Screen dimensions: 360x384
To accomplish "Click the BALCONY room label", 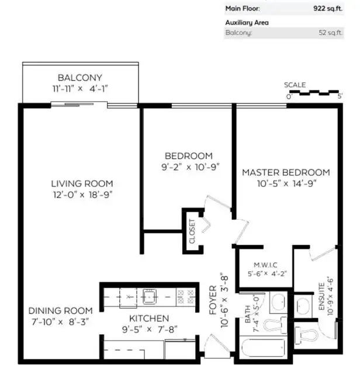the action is pyautogui.click(x=80, y=78).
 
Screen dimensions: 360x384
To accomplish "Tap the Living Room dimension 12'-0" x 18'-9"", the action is pyautogui.click(x=83, y=195).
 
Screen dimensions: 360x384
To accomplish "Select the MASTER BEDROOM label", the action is pyautogui.click(x=286, y=172).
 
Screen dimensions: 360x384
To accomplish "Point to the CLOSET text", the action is pyautogui.click(x=192, y=231).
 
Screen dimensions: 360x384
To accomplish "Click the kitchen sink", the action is pyautogui.click(x=150, y=296).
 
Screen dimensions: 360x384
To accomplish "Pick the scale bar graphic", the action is pyautogui.click(x=314, y=92).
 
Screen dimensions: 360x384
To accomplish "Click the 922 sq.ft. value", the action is pyautogui.click(x=328, y=9).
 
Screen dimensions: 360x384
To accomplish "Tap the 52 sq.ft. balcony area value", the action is pyautogui.click(x=330, y=33).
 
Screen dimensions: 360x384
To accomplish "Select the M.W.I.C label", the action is pyautogui.click(x=265, y=265).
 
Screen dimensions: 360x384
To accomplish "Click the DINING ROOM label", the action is pyautogui.click(x=61, y=311).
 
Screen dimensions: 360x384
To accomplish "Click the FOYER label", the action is pyautogui.click(x=213, y=300).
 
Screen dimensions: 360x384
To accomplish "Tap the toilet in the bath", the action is pyautogui.click(x=275, y=325).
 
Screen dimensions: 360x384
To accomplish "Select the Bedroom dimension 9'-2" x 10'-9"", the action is pyautogui.click(x=191, y=167).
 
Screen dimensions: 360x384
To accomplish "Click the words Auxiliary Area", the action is pyautogui.click(x=247, y=23).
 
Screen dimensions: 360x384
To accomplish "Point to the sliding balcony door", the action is pyautogui.click(x=79, y=105).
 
